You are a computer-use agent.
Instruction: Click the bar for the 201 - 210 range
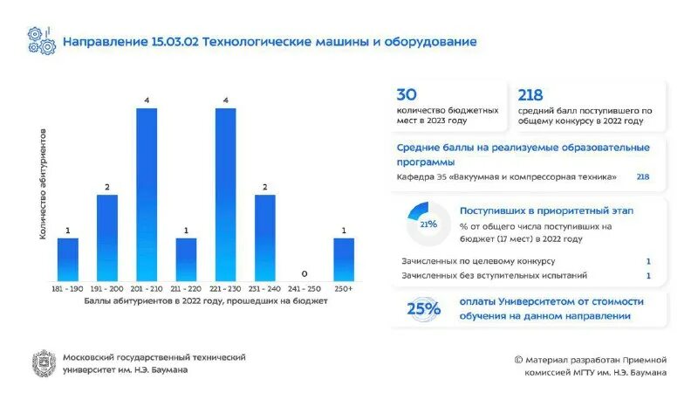[x=147, y=194]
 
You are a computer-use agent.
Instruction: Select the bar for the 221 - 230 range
[x=226, y=194]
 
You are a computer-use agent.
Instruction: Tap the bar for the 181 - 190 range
[x=67, y=259]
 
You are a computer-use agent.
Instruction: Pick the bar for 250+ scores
[x=344, y=259]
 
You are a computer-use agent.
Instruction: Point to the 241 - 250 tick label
[x=305, y=287]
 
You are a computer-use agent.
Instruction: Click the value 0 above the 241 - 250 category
[x=305, y=273]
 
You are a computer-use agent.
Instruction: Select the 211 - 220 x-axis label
[x=186, y=287]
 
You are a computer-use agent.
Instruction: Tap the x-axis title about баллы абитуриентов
[x=206, y=301]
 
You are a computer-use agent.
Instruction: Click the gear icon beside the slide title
[x=40, y=41]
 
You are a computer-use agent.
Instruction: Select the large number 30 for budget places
[x=407, y=95]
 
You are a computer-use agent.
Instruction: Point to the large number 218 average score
[x=531, y=95]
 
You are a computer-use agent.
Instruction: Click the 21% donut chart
[x=428, y=224]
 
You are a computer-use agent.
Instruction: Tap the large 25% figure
[x=423, y=307]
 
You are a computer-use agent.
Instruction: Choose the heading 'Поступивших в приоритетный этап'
[x=546, y=210]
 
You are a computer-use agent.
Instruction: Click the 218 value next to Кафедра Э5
[x=642, y=177]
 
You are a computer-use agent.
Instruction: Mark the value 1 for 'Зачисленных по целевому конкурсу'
[x=648, y=261]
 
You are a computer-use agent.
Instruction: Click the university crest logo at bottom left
[x=44, y=362]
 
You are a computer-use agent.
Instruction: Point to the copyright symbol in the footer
[x=518, y=359]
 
